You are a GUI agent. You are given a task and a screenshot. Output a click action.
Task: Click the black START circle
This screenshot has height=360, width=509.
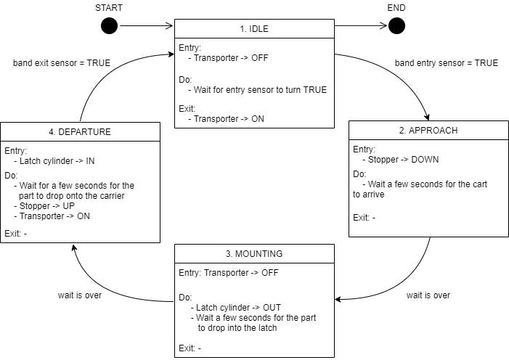point(109,26)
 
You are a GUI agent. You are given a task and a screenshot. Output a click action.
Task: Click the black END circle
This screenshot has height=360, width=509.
point(396,26)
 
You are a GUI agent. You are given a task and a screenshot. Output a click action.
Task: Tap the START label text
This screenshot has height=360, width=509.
point(109,7)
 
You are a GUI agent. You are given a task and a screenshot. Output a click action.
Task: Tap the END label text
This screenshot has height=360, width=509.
point(396,7)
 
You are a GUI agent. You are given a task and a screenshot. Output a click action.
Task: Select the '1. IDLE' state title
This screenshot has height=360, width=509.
point(254,30)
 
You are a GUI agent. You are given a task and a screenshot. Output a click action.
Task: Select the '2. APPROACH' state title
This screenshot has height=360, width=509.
point(428,131)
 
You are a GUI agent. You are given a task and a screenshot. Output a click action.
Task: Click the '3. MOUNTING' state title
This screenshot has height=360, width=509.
point(254,254)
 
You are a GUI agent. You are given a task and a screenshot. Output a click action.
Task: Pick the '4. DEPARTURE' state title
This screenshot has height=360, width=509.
point(80,132)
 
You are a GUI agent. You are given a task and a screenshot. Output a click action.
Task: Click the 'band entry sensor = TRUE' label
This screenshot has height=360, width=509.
point(447,63)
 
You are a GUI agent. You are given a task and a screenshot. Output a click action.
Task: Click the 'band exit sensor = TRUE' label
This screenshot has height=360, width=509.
point(62,63)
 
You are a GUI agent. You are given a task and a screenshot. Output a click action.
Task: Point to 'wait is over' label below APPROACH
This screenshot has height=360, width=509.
point(428,295)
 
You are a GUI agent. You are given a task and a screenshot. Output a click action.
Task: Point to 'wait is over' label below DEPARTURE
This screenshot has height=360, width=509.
point(80,295)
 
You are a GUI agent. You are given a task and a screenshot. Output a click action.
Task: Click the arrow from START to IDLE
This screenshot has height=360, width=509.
point(147,26)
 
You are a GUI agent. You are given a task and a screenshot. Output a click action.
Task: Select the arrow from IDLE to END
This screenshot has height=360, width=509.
point(361,26)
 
